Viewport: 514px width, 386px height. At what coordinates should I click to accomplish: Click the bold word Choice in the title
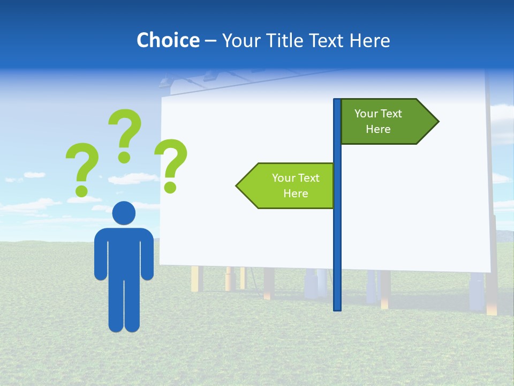tap(168, 40)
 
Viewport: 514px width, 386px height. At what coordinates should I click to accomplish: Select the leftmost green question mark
tap(82, 166)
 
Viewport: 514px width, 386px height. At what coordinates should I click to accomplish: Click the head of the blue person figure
tap(124, 213)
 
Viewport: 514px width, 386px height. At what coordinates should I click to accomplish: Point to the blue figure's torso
tap(124, 252)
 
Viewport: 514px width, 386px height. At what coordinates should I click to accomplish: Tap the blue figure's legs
tap(124, 306)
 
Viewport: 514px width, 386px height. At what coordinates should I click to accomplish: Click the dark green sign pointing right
tap(383, 122)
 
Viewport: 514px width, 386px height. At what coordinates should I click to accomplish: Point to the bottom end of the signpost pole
tap(337, 308)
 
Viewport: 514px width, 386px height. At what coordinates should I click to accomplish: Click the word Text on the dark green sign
tap(391, 114)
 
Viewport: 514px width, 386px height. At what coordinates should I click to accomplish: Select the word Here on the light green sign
tap(296, 194)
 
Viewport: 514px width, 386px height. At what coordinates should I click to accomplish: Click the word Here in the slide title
tap(370, 40)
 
